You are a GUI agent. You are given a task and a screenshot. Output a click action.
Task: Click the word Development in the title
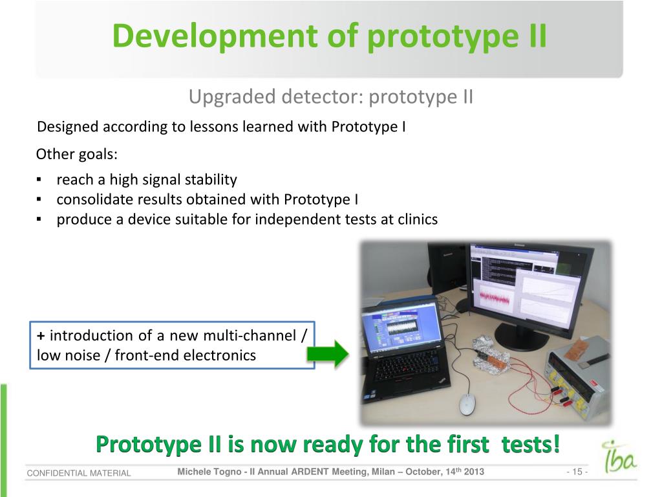pyautogui.click(x=215, y=36)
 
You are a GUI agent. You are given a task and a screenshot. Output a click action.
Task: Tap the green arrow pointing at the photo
pyautogui.click(x=328, y=353)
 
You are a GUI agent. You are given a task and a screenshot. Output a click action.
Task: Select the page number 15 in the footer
pyautogui.click(x=577, y=472)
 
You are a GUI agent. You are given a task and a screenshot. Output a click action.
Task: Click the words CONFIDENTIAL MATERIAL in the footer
pyautogui.click(x=79, y=473)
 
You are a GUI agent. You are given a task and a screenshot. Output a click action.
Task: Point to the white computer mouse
pyautogui.click(x=466, y=404)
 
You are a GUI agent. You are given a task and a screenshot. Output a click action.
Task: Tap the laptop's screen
pyautogui.click(x=401, y=326)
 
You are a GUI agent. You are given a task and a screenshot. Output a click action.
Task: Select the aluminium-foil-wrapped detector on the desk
pyautogui.click(x=491, y=353)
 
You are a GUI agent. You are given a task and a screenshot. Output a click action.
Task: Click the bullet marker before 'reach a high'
pyautogui.click(x=39, y=180)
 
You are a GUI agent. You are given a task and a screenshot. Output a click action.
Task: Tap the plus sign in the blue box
pyautogui.click(x=41, y=336)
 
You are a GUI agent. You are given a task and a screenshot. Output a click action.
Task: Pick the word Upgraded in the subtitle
pyautogui.click(x=232, y=97)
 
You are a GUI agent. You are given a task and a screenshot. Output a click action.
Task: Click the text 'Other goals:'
pyautogui.click(x=77, y=154)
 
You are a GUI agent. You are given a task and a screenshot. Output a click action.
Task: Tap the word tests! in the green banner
pyautogui.click(x=531, y=444)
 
